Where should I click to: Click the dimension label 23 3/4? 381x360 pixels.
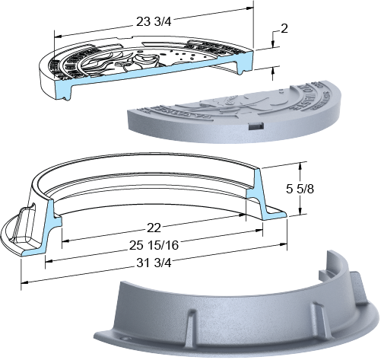click(154, 21)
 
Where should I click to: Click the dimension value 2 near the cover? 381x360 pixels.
click(284, 29)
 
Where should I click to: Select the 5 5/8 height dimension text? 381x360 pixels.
click(300, 189)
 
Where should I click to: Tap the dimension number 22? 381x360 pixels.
click(154, 228)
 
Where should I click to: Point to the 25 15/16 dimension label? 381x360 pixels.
click(154, 245)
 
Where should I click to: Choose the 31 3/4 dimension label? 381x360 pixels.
click(154, 263)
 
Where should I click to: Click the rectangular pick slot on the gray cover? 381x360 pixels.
click(256, 126)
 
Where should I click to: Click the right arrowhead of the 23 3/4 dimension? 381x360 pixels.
click(249, 8)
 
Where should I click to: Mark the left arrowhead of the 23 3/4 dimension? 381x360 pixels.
click(59, 37)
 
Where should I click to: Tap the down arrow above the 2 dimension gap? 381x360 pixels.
click(273, 43)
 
